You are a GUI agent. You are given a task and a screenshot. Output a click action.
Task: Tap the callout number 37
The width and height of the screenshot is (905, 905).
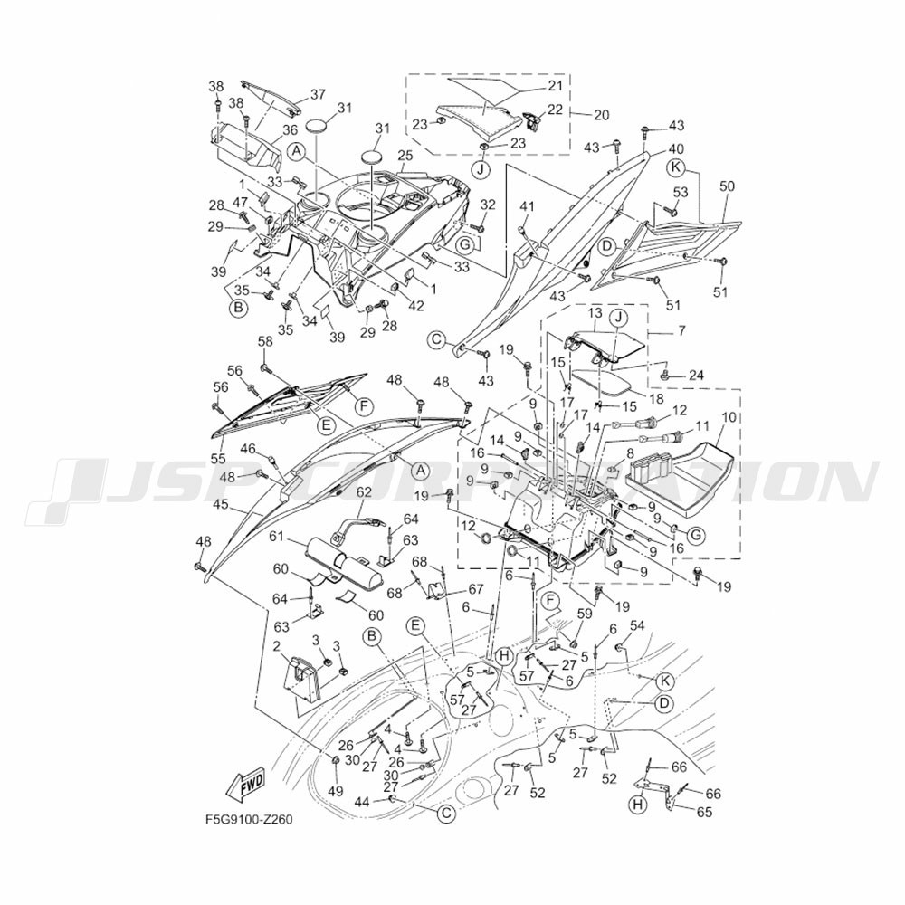point(318,94)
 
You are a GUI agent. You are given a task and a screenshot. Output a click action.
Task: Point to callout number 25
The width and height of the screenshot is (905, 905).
point(405,156)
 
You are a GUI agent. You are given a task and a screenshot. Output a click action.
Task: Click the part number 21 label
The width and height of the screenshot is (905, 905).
point(555,85)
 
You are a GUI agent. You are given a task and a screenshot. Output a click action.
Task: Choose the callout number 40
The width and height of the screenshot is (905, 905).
point(676,149)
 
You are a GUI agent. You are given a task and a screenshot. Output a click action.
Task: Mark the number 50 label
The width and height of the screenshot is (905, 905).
point(728,186)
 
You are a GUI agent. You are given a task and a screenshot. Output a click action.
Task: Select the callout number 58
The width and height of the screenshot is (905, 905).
point(265,341)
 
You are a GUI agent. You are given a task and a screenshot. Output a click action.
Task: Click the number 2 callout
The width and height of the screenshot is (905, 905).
point(277,644)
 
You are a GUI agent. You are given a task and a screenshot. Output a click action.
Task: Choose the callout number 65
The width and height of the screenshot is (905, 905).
point(704,812)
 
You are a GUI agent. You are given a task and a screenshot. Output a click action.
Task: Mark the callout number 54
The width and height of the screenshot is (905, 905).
point(636,625)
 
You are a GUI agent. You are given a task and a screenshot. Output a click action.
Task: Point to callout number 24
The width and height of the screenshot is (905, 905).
point(696,376)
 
